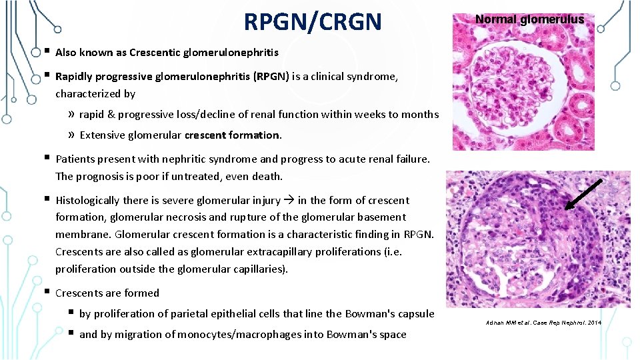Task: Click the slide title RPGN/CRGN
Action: [313, 21]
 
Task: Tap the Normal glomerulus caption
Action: [529, 19]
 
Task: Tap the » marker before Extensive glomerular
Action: [71, 135]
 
